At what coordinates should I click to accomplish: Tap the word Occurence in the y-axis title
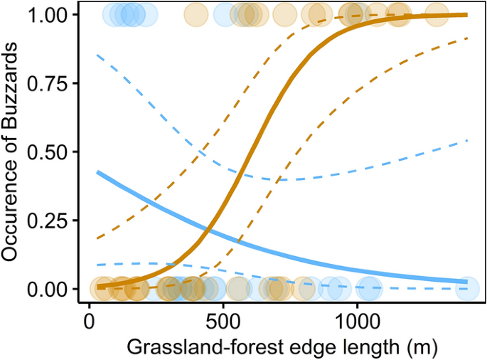[x=14, y=228]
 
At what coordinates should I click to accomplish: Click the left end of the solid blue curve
[x=98, y=172]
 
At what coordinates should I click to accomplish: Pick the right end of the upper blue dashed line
[x=467, y=140]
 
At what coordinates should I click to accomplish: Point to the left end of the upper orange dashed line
[x=98, y=238]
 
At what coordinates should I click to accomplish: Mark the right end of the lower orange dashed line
[x=467, y=38]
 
